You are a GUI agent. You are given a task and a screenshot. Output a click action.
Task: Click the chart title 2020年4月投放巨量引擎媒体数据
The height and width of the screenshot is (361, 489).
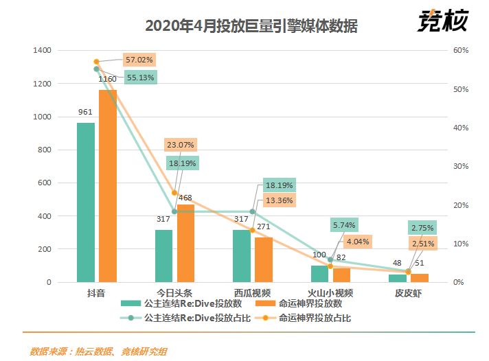[251, 26]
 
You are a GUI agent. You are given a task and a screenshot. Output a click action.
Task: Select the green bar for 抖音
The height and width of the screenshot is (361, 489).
[86, 202]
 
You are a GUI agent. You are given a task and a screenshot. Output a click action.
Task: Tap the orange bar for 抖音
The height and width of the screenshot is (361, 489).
[108, 186]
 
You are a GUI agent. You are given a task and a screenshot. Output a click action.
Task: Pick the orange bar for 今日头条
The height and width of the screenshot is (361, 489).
[186, 243]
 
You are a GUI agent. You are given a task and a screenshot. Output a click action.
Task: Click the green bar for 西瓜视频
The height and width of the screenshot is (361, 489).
[242, 255]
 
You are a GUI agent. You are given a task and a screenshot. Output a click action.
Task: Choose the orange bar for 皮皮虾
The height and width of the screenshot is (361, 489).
[420, 277]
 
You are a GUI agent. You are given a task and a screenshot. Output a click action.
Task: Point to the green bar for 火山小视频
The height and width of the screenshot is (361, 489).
[320, 274]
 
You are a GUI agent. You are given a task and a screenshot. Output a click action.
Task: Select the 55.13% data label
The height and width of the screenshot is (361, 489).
[140, 78]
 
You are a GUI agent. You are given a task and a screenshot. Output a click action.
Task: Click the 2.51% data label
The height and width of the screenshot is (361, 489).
[423, 244]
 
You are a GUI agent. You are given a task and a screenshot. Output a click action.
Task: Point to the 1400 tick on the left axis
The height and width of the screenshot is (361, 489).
[43, 51]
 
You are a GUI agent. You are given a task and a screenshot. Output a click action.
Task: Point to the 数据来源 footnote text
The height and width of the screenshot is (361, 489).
[98, 351]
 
